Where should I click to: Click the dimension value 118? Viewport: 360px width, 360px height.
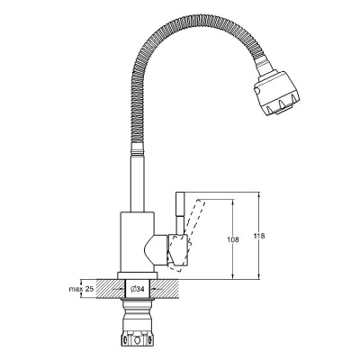(260, 236)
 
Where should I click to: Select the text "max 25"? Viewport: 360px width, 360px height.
(82, 289)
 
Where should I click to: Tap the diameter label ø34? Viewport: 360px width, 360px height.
(138, 289)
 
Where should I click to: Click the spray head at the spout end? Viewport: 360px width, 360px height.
(276, 93)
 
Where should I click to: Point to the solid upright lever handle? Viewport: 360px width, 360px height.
(180, 213)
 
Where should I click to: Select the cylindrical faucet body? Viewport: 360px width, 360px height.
(138, 242)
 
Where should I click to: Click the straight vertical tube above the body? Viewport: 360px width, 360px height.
(138, 183)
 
